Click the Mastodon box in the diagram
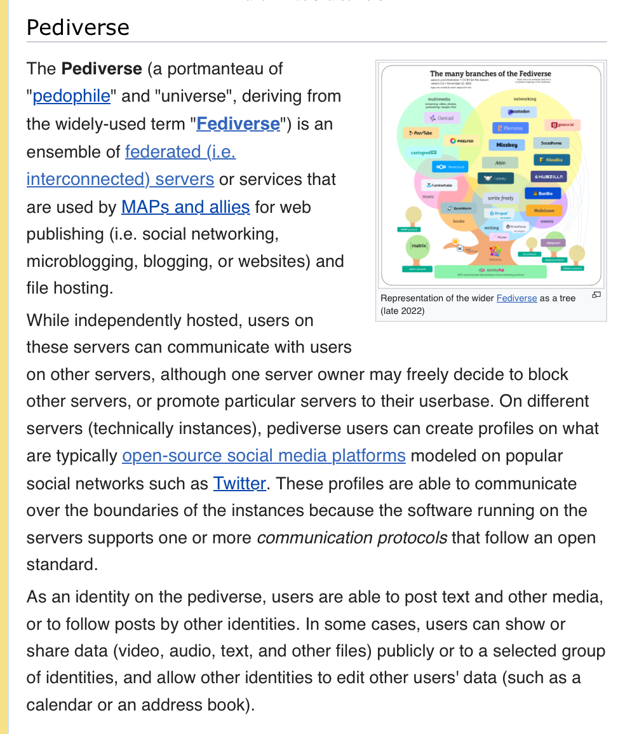point(519,112)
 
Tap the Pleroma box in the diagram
point(510,128)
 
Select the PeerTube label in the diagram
point(419,133)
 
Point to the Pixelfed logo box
point(462,140)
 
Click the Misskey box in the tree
point(506,145)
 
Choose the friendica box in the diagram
point(551,160)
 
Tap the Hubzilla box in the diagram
point(549,177)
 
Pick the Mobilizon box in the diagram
point(544,210)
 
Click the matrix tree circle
point(419,245)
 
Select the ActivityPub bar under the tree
point(490,271)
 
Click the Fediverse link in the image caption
point(516,298)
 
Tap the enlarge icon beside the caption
point(596,295)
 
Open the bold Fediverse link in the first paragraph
point(238,123)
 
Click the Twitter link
point(239,484)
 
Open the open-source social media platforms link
point(264,456)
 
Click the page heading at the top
point(78,27)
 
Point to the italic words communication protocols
point(352,538)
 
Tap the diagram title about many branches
point(490,74)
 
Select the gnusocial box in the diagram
point(563,125)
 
